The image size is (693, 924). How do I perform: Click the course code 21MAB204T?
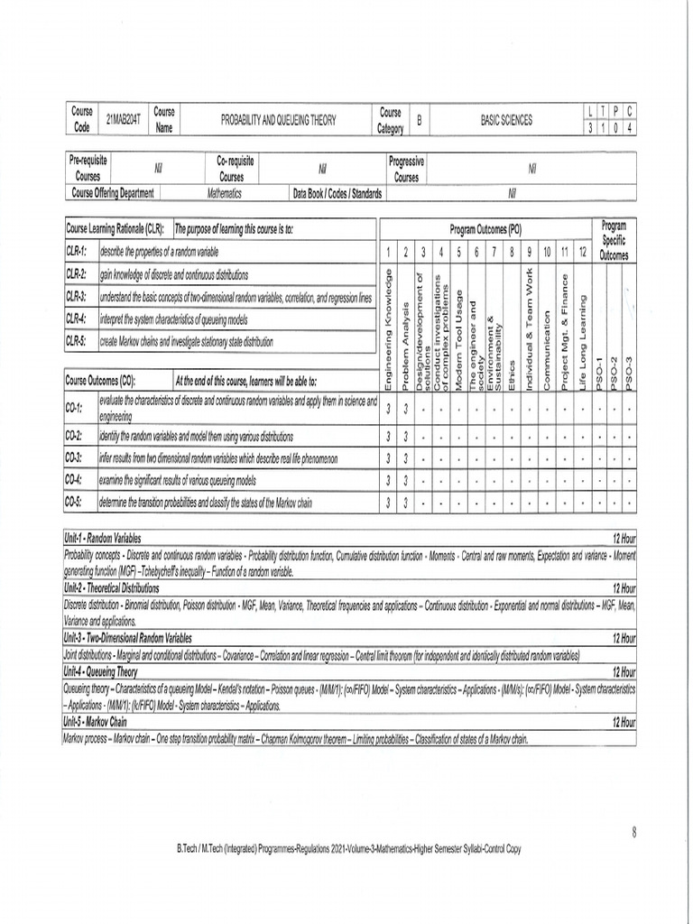pyautogui.click(x=124, y=119)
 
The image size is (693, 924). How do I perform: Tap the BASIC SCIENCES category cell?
pyautogui.click(x=506, y=119)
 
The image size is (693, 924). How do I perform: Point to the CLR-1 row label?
pyautogui.click(x=77, y=252)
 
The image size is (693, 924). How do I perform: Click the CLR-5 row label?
pyautogui.click(x=77, y=342)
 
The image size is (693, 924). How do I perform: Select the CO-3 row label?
pyautogui.click(x=74, y=457)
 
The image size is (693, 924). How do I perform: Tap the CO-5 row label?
pyautogui.click(x=74, y=503)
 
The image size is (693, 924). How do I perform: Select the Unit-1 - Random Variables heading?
pyautogui.click(x=102, y=538)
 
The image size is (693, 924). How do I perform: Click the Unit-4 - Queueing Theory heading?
pyautogui.click(x=100, y=672)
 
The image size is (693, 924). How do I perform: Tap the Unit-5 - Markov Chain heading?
pyautogui.click(x=95, y=722)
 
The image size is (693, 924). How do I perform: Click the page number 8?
pyautogui.click(x=634, y=832)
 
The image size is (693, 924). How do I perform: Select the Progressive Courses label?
pyautogui.click(x=406, y=169)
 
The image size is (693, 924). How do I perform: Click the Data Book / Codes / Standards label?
pyautogui.click(x=337, y=193)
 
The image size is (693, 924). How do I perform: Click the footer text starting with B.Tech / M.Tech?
pyautogui.click(x=348, y=849)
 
